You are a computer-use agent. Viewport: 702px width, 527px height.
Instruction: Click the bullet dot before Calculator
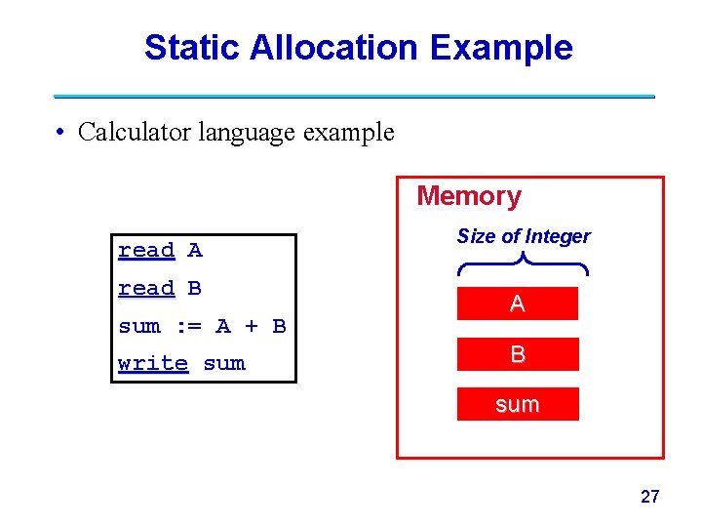(x=60, y=133)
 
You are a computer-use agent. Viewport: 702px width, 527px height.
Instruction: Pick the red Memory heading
(x=469, y=196)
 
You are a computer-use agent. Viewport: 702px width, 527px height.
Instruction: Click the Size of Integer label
(x=524, y=236)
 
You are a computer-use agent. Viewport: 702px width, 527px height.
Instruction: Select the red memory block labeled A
(x=518, y=304)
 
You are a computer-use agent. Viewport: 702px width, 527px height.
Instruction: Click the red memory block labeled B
(x=518, y=354)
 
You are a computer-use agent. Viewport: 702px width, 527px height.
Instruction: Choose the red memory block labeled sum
(x=518, y=404)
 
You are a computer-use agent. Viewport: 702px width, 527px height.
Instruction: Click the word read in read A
(x=146, y=251)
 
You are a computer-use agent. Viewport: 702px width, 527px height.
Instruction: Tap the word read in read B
(x=146, y=289)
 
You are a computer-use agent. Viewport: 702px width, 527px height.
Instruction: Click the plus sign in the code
(x=251, y=326)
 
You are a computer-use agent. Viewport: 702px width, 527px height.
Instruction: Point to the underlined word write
(x=153, y=364)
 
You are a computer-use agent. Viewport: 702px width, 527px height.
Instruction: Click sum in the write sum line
(x=224, y=364)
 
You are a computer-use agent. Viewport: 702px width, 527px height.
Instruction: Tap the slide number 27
(x=649, y=497)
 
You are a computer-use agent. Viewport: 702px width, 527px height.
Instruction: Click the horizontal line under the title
(x=353, y=96)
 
